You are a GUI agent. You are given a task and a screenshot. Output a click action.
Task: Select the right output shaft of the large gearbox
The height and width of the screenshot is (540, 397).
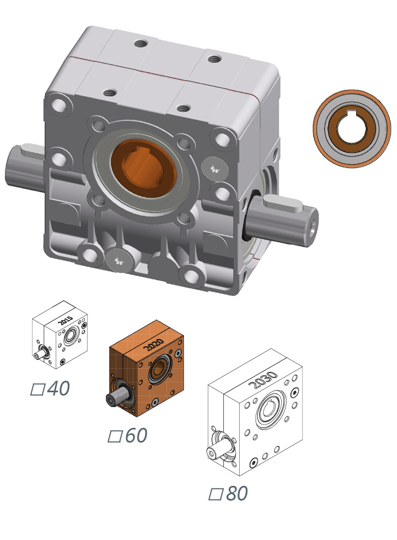[x=284, y=217]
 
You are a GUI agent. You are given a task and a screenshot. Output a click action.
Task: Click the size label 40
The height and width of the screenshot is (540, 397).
[x=58, y=388]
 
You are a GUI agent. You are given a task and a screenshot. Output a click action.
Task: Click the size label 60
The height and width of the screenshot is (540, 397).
[x=136, y=436]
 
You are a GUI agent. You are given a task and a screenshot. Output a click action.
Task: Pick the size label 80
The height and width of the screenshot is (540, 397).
[x=236, y=493]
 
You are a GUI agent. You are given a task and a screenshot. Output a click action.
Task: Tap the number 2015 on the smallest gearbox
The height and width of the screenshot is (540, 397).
[x=66, y=322]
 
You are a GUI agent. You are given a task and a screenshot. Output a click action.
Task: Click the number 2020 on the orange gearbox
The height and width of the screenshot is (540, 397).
[x=152, y=344]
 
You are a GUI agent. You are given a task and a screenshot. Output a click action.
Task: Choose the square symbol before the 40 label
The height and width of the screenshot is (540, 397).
[x=37, y=390]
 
